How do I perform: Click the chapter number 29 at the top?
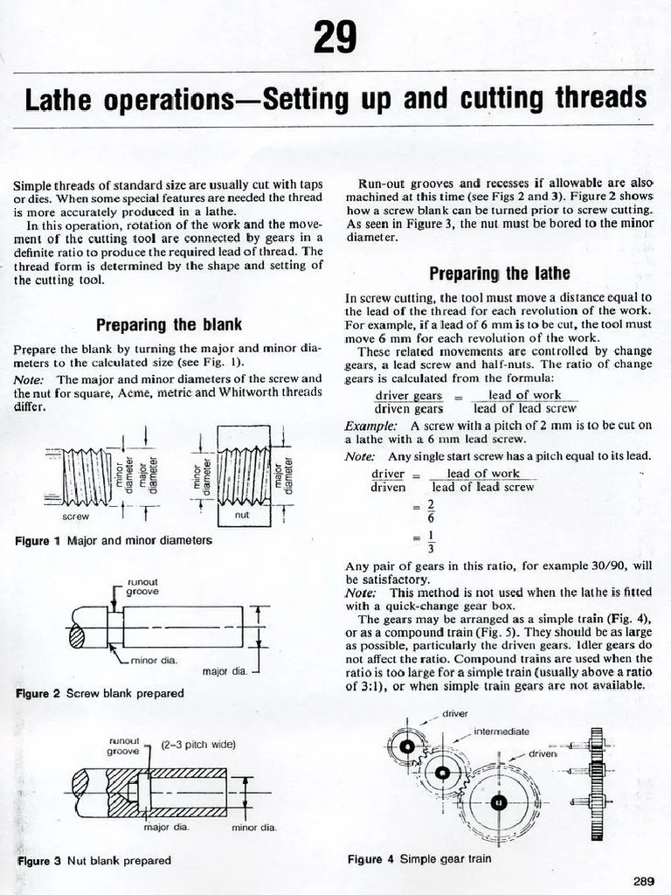tap(335, 38)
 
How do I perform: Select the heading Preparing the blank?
tap(169, 325)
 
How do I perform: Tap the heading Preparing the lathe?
tap(499, 273)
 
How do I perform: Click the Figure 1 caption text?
tap(114, 541)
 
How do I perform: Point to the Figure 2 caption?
tap(100, 693)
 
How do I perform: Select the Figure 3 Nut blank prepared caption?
tap(93, 860)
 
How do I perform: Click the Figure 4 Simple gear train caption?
tap(419, 859)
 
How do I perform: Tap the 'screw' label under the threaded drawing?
tap(76, 517)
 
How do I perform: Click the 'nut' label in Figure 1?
tap(243, 516)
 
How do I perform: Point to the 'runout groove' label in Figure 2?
tap(142, 586)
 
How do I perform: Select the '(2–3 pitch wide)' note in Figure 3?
tap(198, 745)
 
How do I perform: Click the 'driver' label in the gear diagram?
tap(454, 713)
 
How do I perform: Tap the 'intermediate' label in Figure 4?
tap(501, 731)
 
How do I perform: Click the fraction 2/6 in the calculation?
tap(430, 511)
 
